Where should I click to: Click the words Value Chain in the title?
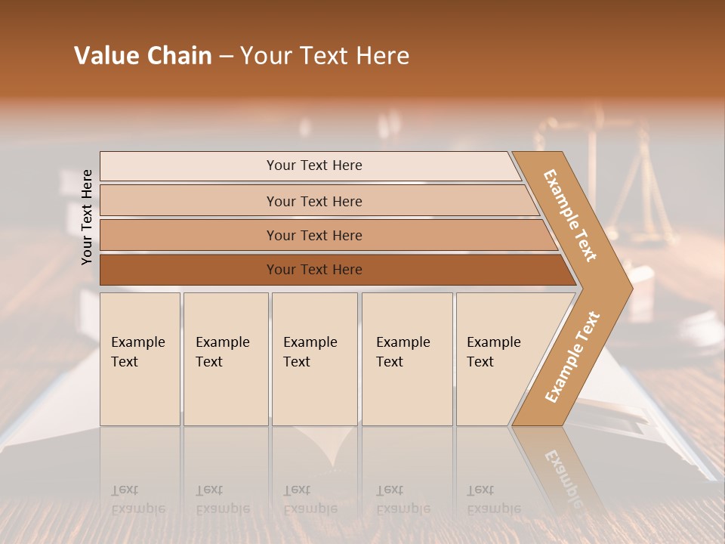click(143, 56)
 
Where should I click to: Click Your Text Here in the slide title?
click(325, 56)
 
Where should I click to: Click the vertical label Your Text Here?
click(87, 217)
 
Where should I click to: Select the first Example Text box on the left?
click(140, 359)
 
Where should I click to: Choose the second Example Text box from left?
click(225, 359)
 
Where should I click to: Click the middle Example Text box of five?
click(313, 359)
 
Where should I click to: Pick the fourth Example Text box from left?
click(406, 359)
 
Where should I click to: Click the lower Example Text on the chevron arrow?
click(572, 357)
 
